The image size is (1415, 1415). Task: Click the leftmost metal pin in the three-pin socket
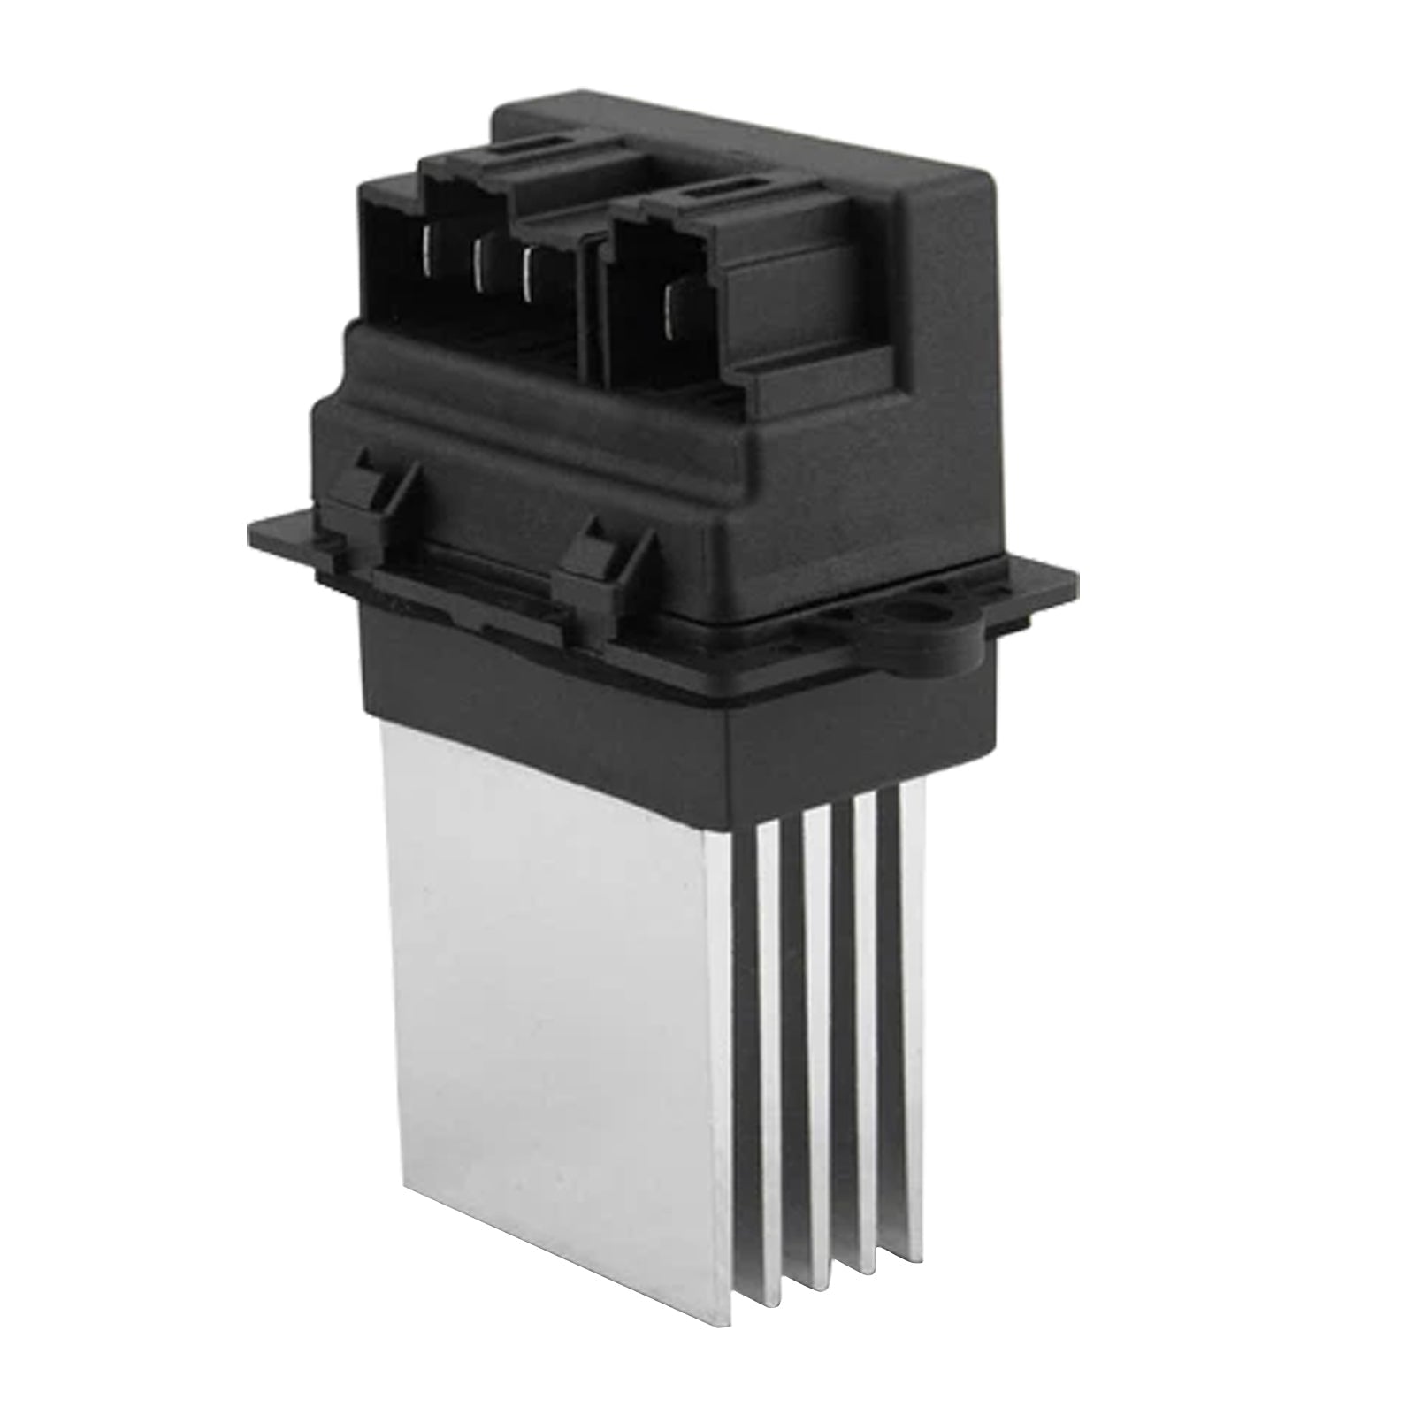pos(430,256)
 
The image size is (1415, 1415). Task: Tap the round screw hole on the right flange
pos(929,610)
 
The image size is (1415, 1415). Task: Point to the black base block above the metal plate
pos(548,681)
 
